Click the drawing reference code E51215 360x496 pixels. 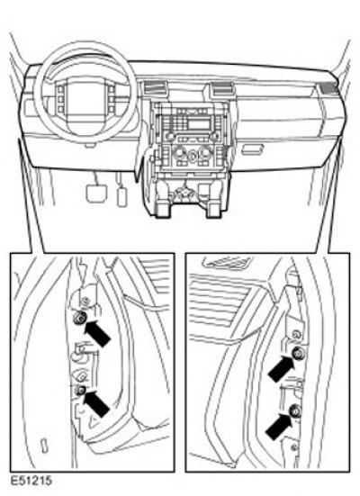(x=31, y=481)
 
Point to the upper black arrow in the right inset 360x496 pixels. (x=281, y=368)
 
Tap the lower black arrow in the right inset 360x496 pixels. (x=278, y=427)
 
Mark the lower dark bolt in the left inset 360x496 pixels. (x=80, y=391)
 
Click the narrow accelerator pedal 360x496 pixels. (x=121, y=196)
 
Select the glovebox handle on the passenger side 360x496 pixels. (x=252, y=149)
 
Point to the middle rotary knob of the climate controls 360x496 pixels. (x=192, y=156)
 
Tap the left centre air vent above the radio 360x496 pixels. (x=155, y=87)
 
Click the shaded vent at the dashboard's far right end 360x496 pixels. (x=330, y=87)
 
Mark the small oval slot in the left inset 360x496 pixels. (x=44, y=444)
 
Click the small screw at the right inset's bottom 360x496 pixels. (x=294, y=447)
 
